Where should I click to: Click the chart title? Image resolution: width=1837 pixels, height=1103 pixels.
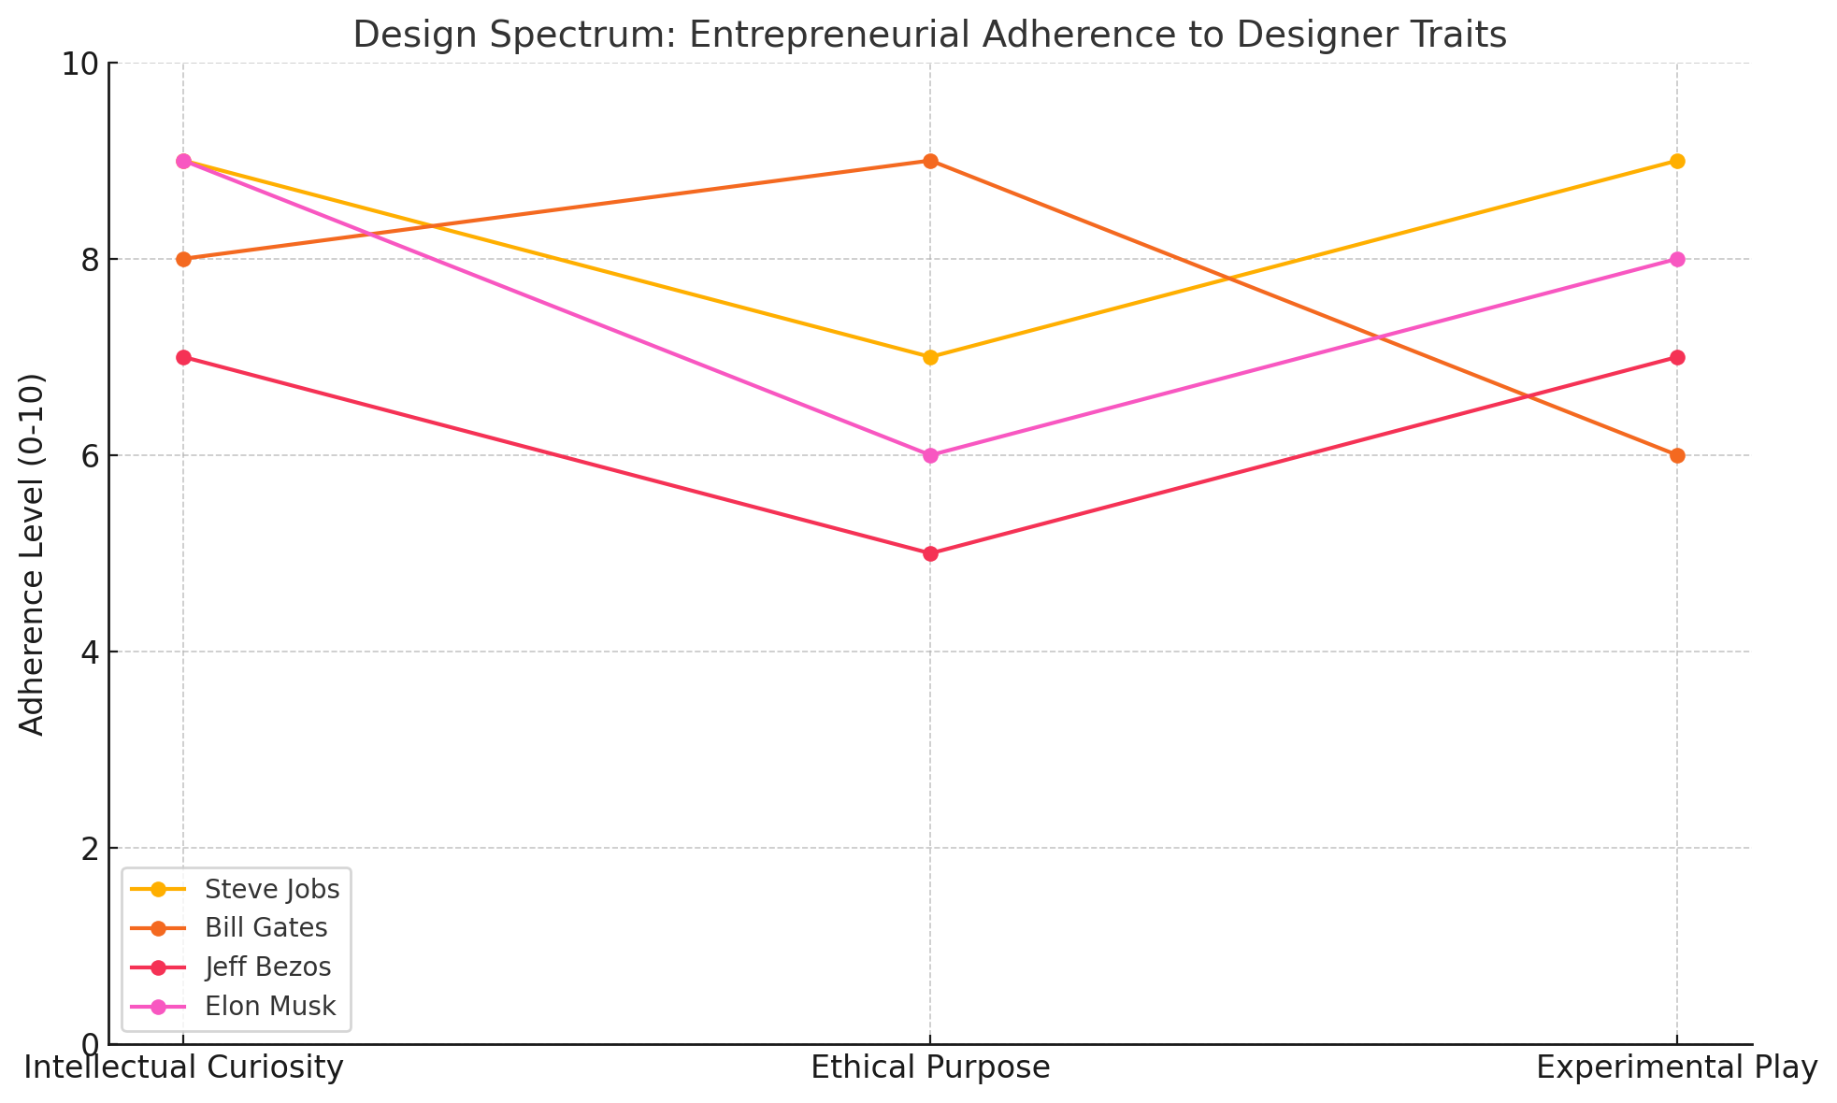click(929, 36)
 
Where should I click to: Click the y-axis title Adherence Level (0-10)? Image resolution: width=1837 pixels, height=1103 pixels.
click(33, 554)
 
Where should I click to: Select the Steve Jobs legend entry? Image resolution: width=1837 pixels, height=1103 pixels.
click(272, 889)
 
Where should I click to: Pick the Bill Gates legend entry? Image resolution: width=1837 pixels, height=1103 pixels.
click(266, 928)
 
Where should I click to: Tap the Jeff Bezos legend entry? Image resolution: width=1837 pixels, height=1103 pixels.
click(268, 967)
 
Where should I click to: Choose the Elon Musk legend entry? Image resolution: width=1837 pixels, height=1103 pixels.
click(270, 1007)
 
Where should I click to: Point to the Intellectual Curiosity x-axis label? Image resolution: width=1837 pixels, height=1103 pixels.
click(183, 1067)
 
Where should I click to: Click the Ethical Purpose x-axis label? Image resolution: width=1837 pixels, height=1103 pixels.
click(930, 1067)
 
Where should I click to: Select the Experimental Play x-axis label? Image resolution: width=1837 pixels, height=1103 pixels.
click(1677, 1067)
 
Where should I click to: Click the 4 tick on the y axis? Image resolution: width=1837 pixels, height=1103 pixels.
click(90, 652)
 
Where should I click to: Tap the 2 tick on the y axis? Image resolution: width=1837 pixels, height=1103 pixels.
click(90, 849)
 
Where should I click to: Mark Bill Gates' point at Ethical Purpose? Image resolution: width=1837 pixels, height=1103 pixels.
click(930, 161)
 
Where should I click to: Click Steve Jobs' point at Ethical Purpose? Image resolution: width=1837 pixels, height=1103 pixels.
click(930, 357)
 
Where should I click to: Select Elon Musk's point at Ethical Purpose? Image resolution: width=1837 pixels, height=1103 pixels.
click(930, 455)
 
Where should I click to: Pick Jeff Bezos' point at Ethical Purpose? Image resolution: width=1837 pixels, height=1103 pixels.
click(930, 553)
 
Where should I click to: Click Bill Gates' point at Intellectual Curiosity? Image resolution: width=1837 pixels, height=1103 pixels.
click(183, 259)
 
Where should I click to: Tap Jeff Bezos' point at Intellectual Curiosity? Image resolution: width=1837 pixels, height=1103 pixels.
click(183, 357)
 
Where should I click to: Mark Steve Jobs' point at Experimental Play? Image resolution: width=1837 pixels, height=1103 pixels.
click(1677, 161)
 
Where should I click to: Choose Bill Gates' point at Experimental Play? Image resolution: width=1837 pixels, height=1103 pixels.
click(1677, 455)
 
